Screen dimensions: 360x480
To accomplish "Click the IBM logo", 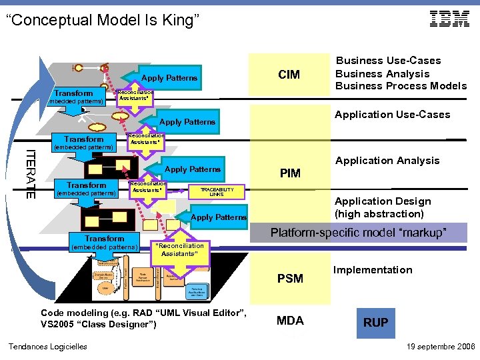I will click(449, 19).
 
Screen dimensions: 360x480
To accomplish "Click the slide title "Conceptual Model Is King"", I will click(103, 21).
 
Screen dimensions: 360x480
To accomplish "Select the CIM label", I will click(289, 75).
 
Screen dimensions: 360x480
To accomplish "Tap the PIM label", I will click(290, 174).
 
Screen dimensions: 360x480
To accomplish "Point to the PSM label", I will click(290, 278).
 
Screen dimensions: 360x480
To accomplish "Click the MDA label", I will click(290, 321).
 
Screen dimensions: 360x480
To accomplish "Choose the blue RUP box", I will click(375, 323).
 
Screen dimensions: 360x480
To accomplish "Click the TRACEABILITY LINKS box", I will click(216, 191).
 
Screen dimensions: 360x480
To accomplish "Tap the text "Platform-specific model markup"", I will click(358, 233).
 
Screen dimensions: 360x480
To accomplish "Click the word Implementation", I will click(373, 270).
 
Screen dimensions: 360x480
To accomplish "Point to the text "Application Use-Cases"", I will click(392, 115).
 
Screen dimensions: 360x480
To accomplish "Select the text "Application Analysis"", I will click(387, 161).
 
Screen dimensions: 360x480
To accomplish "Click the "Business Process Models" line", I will click(401, 86).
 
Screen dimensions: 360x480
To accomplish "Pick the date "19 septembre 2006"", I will click(440, 347).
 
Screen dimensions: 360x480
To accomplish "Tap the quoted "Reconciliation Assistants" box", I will click(179, 249).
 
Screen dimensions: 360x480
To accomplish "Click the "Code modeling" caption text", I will click(143, 319).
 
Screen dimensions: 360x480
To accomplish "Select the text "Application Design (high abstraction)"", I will click(382, 207).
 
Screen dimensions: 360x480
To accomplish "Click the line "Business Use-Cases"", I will click(387, 61).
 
